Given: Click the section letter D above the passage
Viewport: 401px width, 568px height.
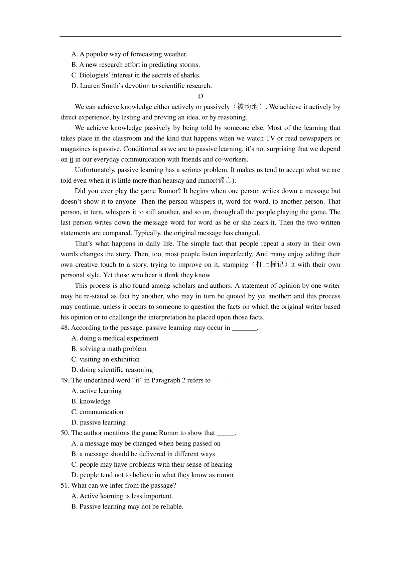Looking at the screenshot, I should (200, 96).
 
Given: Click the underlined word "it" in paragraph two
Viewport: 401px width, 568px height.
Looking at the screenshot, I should (71, 160).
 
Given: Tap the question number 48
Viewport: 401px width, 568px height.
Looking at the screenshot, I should (65, 328).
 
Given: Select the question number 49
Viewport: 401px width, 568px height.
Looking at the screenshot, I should (65, 380).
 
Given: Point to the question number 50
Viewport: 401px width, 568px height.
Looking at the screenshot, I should (65, 433).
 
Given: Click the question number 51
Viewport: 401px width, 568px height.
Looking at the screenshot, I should (65, 485).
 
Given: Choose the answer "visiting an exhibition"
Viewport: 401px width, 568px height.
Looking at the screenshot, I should (109, 359).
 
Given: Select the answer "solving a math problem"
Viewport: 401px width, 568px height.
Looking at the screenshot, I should (113, 349).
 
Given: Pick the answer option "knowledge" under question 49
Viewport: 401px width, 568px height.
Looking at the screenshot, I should (95, 401).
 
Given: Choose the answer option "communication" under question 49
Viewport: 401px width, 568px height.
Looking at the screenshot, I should (101, 412).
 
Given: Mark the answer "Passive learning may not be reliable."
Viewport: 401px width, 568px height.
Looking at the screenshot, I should (131, 506).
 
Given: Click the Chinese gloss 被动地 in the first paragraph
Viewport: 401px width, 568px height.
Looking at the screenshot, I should (248, 107).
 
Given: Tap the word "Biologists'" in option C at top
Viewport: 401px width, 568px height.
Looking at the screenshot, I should (95, 75).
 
